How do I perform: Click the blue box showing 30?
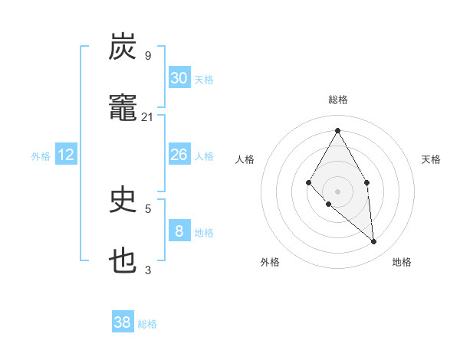(x=179, y=78)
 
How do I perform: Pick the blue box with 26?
(x=179, y=155)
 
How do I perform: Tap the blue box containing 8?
(x=179, y=231)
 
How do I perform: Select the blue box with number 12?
(x=66, y=155)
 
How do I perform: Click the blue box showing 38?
(x=123, y=322)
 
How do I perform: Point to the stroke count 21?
(x=148, y=117)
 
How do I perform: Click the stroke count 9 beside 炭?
(x=148, y=56)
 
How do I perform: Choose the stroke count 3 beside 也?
(x=148, y=270)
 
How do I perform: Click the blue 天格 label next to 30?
(x=204, y=80)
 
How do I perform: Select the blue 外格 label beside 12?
(x=41, y=156)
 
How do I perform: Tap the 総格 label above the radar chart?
(x=337, y=100)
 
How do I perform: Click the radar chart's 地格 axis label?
(x=402, y=262)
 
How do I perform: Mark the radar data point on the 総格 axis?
(x=337, y=130)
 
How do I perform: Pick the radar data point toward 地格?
(x=374, y=242)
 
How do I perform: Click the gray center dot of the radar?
(x=337, y=191)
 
